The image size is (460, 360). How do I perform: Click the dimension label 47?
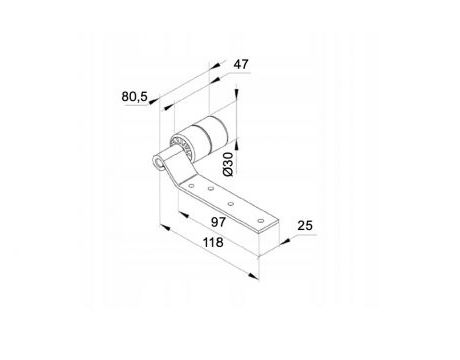241,64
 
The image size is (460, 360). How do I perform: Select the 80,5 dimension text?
134,97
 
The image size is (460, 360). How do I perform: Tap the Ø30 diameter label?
228,164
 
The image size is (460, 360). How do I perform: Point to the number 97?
218,222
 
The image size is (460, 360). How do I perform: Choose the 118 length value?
213,242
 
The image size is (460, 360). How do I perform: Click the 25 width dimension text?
305,226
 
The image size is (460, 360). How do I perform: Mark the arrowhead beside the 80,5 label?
154,101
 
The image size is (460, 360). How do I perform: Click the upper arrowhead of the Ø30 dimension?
236,93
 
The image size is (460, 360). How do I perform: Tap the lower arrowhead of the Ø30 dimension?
236,144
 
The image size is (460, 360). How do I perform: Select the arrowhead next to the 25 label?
285,241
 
